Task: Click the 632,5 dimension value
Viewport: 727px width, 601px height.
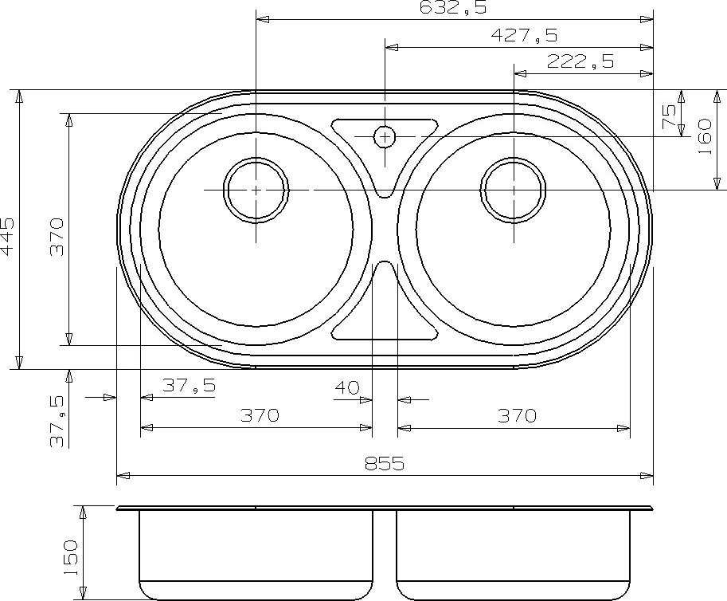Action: [452, 7]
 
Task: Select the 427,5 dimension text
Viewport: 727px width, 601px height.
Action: [524, 35]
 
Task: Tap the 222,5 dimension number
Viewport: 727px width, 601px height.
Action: [580, 61]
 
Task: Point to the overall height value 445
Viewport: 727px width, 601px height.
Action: [8, 237]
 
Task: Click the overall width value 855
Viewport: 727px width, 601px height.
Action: [385, 463]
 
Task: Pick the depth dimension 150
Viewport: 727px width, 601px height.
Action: [71, 558]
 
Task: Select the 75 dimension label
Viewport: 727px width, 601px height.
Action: [669, 116]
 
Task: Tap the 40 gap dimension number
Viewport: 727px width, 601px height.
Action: [347, 387]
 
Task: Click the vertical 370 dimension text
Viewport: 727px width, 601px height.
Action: [57, 238]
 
